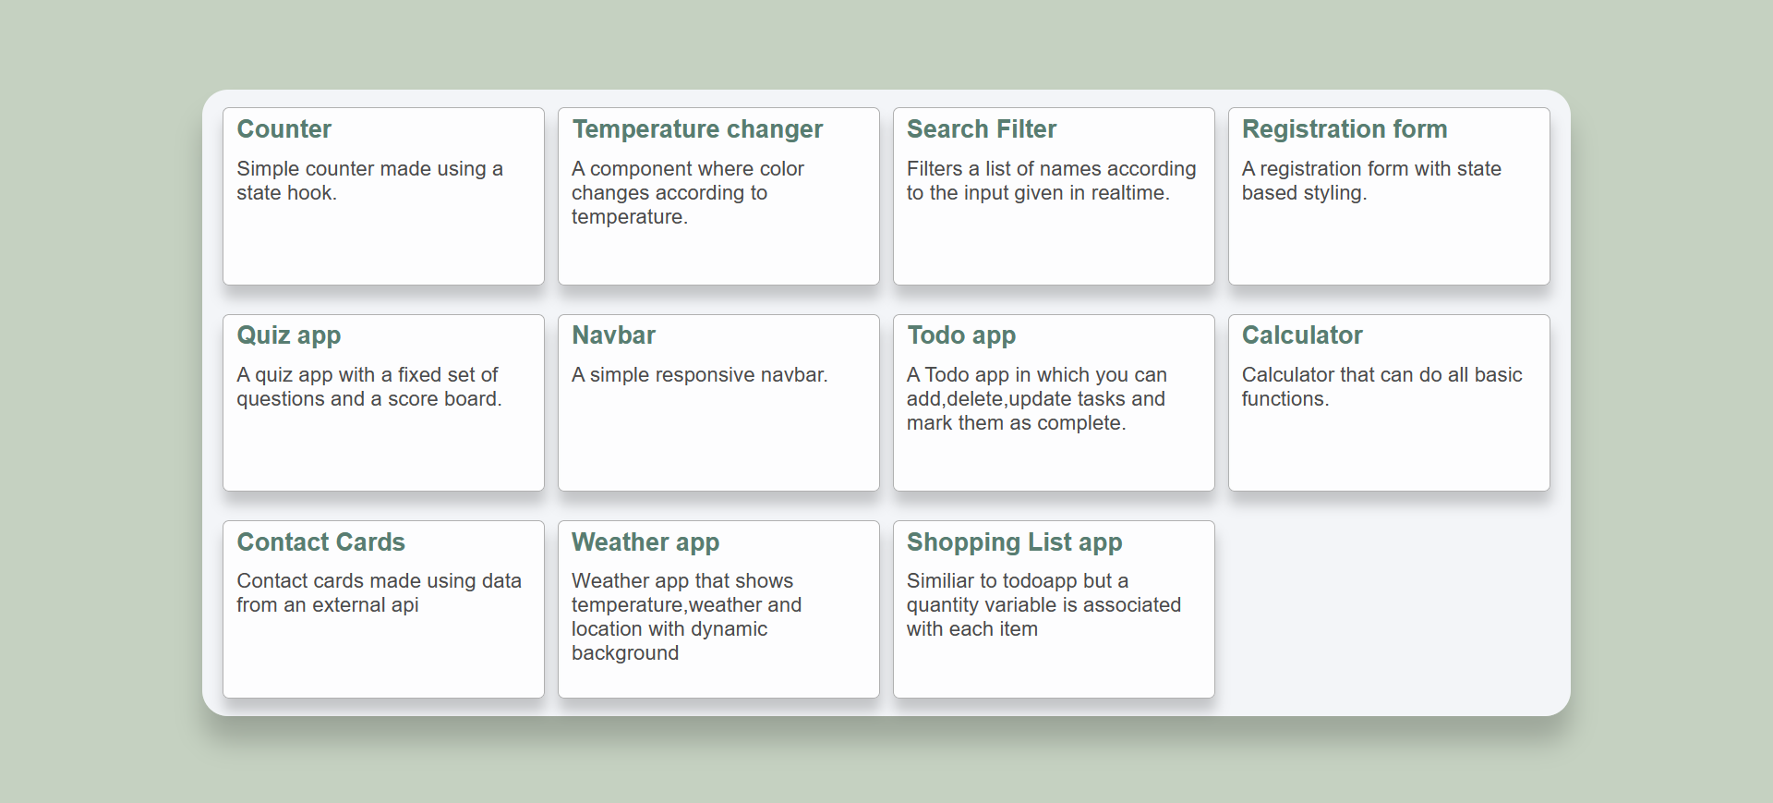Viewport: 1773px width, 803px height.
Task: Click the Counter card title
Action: (283, 129)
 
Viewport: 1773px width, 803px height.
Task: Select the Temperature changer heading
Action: (697, 130)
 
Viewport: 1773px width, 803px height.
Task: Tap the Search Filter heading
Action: (982, 129)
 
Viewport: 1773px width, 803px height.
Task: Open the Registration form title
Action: (1345, 130)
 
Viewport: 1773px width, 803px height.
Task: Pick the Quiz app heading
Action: (289, 336)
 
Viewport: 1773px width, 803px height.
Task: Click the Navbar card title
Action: (614, 335)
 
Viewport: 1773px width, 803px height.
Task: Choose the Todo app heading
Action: (961, 336)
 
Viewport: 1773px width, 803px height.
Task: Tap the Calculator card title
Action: (1302, 335)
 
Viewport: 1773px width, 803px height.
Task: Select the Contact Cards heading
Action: (321, 542)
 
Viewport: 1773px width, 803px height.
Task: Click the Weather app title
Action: (645, 543)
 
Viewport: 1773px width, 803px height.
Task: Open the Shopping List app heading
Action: (1015, 543)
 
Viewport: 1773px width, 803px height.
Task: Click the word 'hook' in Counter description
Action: (309, 193)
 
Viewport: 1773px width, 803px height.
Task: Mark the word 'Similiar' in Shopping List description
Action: (940, 581)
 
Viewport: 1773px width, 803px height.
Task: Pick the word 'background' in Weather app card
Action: (625, 654)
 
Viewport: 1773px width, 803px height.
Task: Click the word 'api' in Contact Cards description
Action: (404, 606)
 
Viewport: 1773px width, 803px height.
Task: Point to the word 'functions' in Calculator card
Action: (1284, 399)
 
